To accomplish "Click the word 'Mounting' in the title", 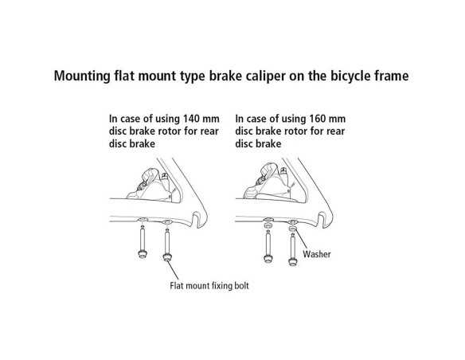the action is pyautogui.click(x=82, y=76).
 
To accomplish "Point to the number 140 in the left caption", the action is pyautogui.click(x=192, y=119).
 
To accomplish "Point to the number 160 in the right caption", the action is pyautogui.click(x=318, y=119).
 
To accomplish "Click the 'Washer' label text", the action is pyautogui.click(x=317, y=254).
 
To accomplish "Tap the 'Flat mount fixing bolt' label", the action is pyautogui.click(x=209, y=286).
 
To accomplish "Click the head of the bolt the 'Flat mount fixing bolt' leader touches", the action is pyautogui.click(x=167, y=257).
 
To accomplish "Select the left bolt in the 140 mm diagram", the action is pyautogui.click(x=143, y=241).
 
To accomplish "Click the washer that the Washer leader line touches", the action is pyautogui.click(x=293, y=229).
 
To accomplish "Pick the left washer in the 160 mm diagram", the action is pyautogui.click(x=268, y=225).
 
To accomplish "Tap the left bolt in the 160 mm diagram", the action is pyautogui.click(x=268, y=247).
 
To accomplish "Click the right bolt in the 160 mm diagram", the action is pyautogui.click(x=293, y=249).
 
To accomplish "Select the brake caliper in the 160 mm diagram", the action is pyautogui.click(x=273, y=182).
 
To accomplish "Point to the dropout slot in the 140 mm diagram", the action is pyautogui.click(x=195, y=219).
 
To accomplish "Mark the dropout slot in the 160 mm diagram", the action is pyautogui.click(x=322, y=220).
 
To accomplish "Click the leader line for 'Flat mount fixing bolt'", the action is pyautogui.click(x=173, y=271).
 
